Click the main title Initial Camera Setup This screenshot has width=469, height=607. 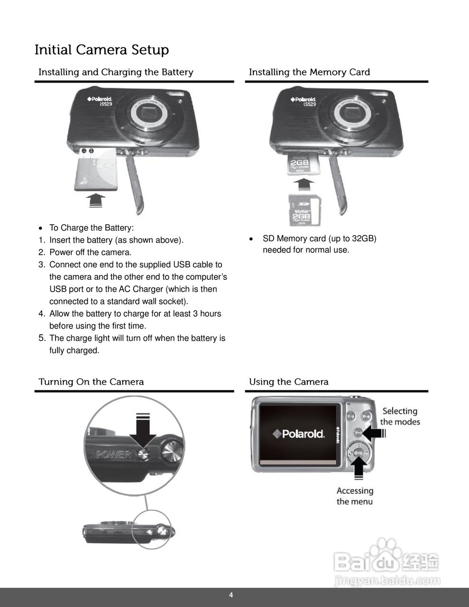click(x=101, y=50)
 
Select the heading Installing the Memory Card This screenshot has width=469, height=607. click(x=309, y=72)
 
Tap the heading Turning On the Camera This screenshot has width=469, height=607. click(x=91, y=382)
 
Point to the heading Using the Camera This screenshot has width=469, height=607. click(x=288, y=382)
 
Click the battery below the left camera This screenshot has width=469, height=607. click(x=96, y=170)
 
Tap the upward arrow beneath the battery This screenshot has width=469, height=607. click(x=97, y=200)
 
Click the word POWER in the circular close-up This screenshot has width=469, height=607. click(x=113, y=454)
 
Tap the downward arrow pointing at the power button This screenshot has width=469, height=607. click(x=143, y=431)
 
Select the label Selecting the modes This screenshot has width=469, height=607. click(x=400, y=416)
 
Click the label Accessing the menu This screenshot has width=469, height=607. click(x=355, y=496)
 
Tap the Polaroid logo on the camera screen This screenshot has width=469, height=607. click(x=298, y=433)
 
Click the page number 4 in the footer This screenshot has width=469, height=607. click(x=231, y=595)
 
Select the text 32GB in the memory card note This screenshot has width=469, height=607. click(x=364, y=239)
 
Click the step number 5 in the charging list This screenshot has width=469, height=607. click(x=42, y=338)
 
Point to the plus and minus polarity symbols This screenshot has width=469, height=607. click(x=87, y=151)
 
